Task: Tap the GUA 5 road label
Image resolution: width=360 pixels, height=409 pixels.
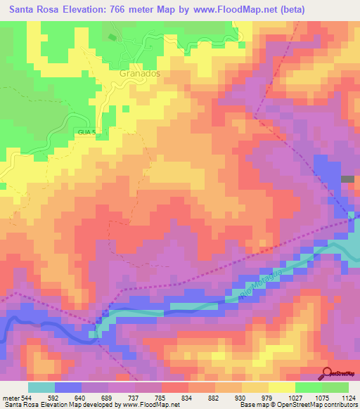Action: coord(84,131)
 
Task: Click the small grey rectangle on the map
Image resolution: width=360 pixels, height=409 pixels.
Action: coord(347,179)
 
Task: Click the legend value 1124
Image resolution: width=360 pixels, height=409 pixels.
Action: coord(349,397)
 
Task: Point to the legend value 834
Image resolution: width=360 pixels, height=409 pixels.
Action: coord(186,397)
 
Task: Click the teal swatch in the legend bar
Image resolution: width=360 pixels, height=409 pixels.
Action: coord(41,387)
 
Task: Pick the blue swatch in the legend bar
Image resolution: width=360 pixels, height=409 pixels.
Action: coord(68,387)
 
